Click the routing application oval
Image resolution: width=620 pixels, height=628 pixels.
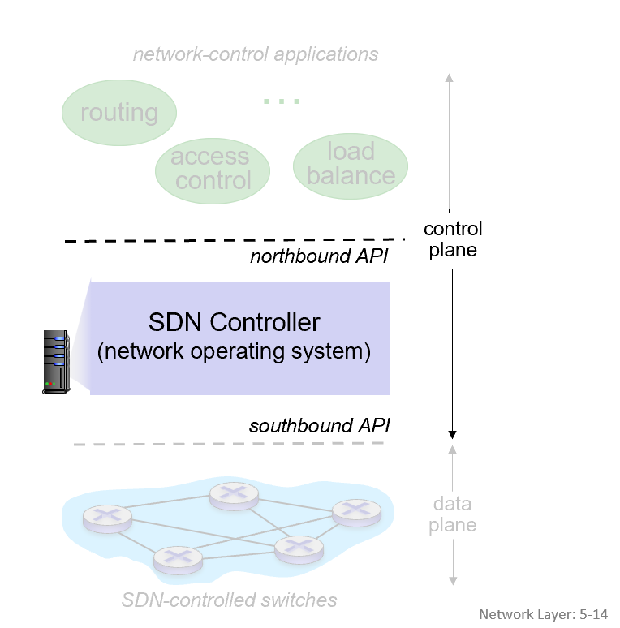(x=119, y=112)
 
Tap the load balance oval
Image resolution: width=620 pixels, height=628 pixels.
(x=351, y=163)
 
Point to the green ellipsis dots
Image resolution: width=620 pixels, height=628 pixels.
(x=282, y=101)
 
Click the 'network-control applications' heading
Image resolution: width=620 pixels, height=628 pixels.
(x=256, y=55)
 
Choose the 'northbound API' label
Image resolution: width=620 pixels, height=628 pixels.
(x=319, y=257)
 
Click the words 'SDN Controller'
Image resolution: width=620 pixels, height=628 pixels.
(x=235, y=322)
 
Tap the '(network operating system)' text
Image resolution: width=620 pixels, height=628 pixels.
(x=235, y=352)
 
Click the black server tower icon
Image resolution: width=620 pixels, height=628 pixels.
(x=56, y=362)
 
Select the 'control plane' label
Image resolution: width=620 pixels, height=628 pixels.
(x=453, y=239)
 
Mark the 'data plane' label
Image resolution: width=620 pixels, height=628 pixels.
(x=453, y=514)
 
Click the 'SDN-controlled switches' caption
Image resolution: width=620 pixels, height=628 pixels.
(x=229, y=600)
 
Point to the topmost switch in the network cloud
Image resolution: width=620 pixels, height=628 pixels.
(x=233, y=494)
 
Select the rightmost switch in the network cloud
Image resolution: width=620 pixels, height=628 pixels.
(x=356, y=510)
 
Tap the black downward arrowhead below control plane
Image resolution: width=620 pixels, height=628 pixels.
(x=453, y=433)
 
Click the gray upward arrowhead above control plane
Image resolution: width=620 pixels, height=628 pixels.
(x=450, y=78)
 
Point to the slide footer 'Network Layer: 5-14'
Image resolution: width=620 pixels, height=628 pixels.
(x=543, y=614)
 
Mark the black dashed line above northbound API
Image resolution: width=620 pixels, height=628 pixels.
(x=235, y=240)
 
